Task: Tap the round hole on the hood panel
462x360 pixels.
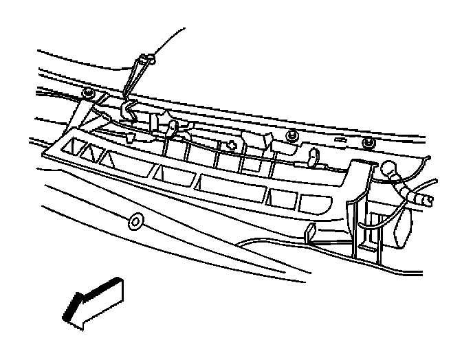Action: (135, 221)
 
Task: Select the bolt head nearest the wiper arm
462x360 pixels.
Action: (88, 92)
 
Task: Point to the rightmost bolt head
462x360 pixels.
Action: (368, 142)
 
